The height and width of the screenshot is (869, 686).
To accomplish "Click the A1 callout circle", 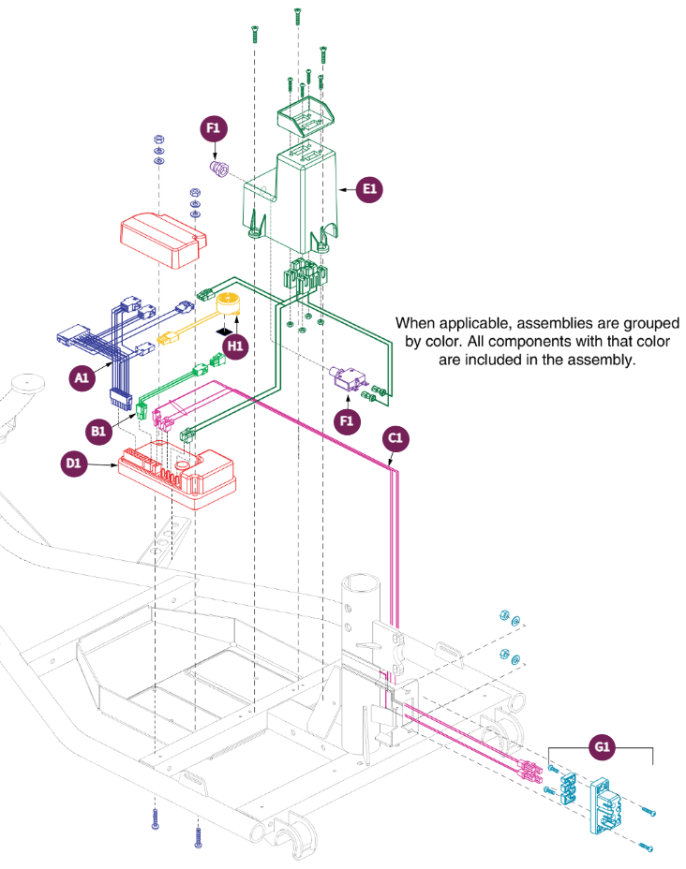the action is (82, 378).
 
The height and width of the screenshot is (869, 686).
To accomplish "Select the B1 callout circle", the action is (98, 431).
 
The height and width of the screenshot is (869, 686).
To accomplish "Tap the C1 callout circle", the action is (395, 438).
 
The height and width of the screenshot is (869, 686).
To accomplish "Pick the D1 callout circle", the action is (73, 464).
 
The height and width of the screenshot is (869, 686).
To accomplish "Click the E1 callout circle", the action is (369, 189).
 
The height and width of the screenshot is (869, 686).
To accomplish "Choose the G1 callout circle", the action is (603, 747).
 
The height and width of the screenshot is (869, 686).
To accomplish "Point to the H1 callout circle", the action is (235, 346).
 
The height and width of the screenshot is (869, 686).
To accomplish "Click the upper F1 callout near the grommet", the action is (214, 128).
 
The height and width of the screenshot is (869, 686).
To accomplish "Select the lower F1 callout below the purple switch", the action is (347, 421).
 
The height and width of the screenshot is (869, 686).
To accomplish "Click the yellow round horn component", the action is (228, 304).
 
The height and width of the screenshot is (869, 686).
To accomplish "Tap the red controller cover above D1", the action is (163, 240).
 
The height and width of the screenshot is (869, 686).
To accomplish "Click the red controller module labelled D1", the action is (177, 474).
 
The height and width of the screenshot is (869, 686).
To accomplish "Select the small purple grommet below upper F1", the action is (218, 168).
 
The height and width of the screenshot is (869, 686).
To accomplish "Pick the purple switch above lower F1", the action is (348, 378).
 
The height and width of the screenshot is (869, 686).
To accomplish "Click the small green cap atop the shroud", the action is (306, 116).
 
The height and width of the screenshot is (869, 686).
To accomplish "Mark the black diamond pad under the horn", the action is (224, 331).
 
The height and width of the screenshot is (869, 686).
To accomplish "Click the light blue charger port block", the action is (605, 805).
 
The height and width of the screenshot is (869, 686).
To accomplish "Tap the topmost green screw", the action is (298, 17).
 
